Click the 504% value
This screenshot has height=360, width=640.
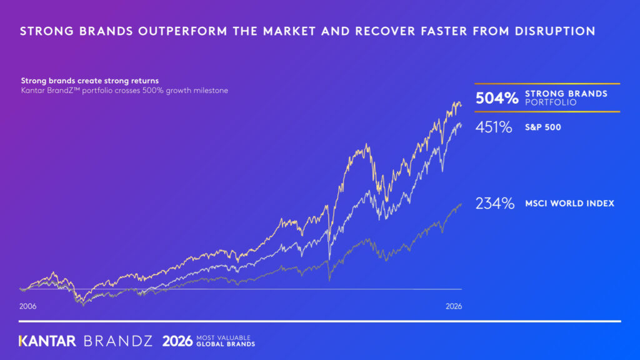pos(497,98)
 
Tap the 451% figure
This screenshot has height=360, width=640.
pos(494,127)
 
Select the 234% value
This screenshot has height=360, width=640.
pos(495,203)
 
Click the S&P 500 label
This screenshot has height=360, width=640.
pos(543,127)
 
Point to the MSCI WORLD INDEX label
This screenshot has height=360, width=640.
pos(569,203)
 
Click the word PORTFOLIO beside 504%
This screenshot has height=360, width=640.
pos(551,102)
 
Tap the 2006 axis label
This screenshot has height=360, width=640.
pos(27,306)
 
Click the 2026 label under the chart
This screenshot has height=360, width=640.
pos(454,306)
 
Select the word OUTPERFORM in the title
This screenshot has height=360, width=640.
pos(182,31)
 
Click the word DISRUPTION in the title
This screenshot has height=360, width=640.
pos(555,31)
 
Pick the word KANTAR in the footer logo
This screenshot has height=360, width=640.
pos(47,341)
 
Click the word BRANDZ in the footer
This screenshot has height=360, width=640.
pos(118,341)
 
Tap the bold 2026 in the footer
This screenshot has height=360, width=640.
pos(177,341)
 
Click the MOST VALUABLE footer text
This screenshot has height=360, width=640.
pos(223,337)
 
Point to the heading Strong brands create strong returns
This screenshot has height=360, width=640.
pos(90,81)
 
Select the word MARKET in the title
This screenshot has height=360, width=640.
pos(290,31)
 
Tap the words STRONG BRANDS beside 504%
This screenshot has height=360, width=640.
pos(566,94)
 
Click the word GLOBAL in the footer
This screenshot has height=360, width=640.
pos(209,344)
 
